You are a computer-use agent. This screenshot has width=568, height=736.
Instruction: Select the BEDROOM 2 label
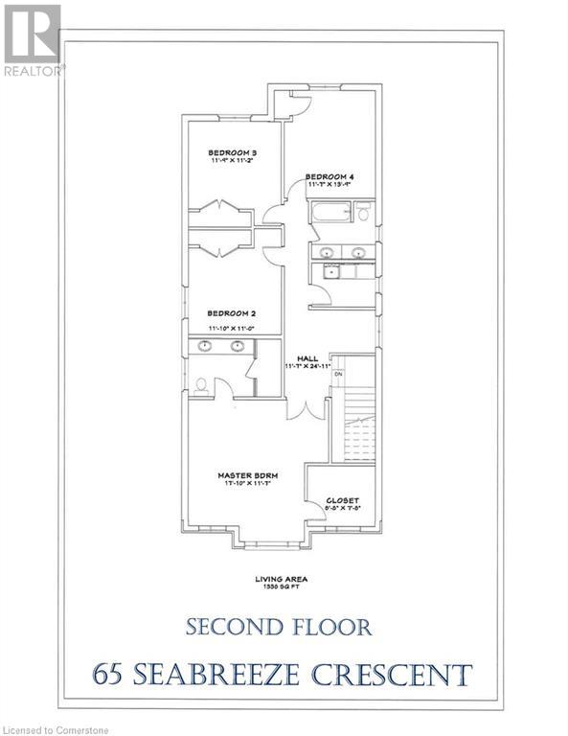232,312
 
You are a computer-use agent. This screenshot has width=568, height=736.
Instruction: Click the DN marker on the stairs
338,373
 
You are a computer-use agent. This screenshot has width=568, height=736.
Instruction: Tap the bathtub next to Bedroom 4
326,213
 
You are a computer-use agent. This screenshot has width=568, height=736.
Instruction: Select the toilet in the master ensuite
201,385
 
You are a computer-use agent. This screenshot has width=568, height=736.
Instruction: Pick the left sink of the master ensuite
205,347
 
